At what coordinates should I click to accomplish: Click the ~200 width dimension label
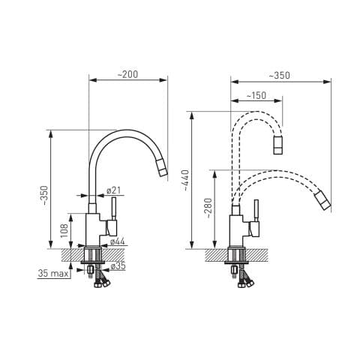coord(127,74)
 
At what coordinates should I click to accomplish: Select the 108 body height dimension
coord(64,231)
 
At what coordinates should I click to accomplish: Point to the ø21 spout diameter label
coord(114,190)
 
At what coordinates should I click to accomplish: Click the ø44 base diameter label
coord(117,241)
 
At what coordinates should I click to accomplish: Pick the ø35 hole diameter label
coord(118,266)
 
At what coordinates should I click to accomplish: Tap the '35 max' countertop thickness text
coord(53,274)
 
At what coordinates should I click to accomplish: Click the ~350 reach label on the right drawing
coord(280,75)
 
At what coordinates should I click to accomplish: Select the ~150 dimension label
coord(256,95)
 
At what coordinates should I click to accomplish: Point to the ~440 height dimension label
coord(186,180)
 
